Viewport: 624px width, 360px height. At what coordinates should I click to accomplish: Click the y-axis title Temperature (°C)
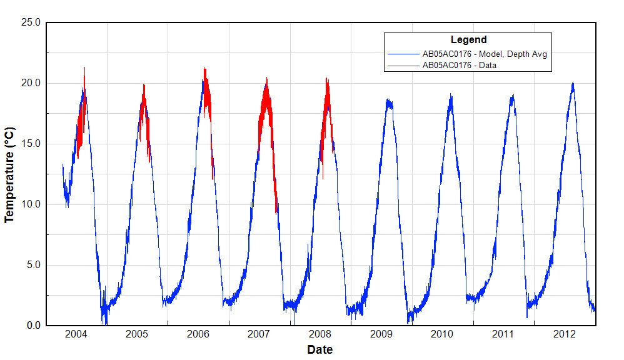coord(9,174)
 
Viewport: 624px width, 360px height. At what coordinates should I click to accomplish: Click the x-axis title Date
coord(320,349)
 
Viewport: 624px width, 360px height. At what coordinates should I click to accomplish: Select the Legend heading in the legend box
coord(468,40)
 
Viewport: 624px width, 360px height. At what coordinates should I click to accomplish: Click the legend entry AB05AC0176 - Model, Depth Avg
coord(485,54)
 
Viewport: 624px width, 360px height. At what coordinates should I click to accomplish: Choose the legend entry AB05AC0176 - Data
coord(459,65)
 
